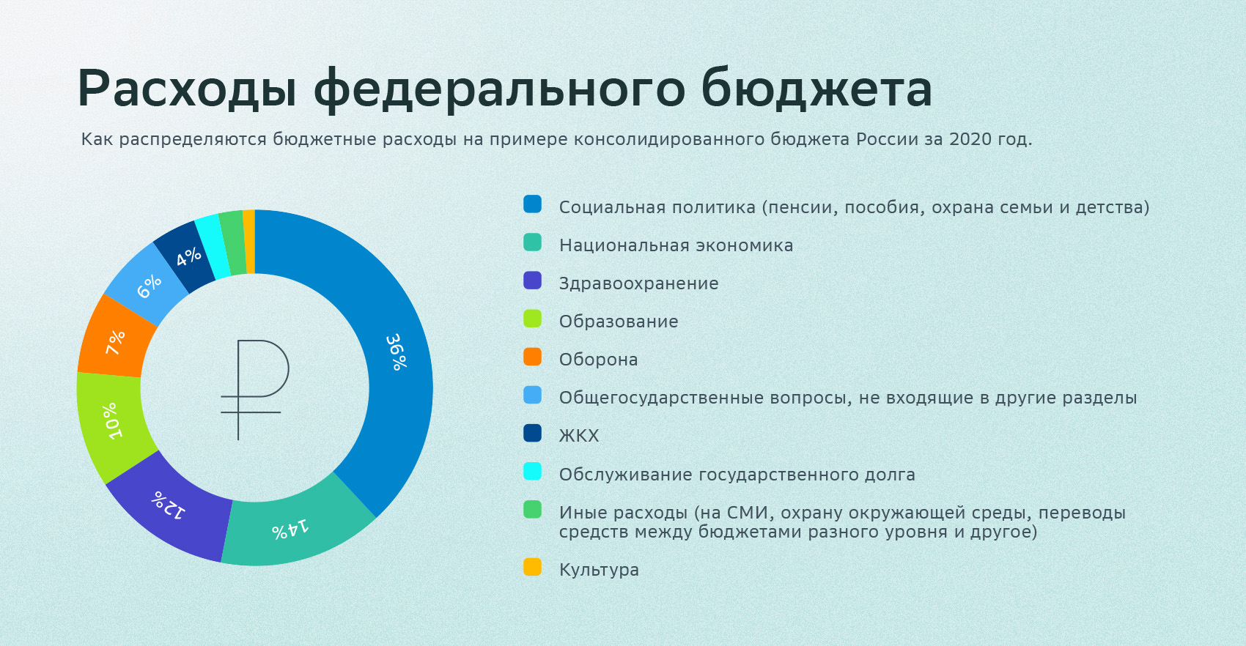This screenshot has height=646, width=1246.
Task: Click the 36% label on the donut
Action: pyautogui.click(x=397, y=352)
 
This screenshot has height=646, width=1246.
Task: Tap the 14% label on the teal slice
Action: pyautogui.click(x=290, y=529)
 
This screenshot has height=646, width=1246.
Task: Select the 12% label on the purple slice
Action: pyautogui.click(x=168, y=505)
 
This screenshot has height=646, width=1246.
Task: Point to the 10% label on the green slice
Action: pyautogui.click(x=112, y=420)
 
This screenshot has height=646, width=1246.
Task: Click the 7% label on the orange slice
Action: pyautogui.click(x=116, y=342)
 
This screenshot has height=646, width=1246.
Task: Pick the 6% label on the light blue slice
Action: pyautogui.click(x=150, y=286)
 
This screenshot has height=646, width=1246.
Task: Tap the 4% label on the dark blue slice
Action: pyautogui.click(x=188, y=256)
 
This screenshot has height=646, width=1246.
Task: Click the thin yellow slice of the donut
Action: pyautogui.click(x=249, y=242)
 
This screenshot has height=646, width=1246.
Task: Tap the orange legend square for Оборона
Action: pyautogui.click(x=533, y=357)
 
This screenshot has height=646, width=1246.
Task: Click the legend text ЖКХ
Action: pyautogui.click(x=579, y=436)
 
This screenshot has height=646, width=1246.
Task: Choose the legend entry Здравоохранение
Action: pyautogui.click(x=638, y=283)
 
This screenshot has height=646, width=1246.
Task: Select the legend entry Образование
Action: pyautogui.click(x=619, y=322)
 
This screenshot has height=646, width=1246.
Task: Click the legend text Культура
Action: pyautogui.click(x=599, y=570)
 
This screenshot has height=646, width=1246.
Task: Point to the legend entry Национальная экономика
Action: pyautogui.click(x=676, y=245)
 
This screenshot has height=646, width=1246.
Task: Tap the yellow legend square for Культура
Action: pyautogui.click(x=533, y=567)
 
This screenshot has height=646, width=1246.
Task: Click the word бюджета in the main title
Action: pyautogui.click(x=816, y=89)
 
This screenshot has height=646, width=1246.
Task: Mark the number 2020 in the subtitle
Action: pyautogui.click(x=969, y=139)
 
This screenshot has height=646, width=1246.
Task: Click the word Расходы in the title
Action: pyautogui.click(x=187, y=89)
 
